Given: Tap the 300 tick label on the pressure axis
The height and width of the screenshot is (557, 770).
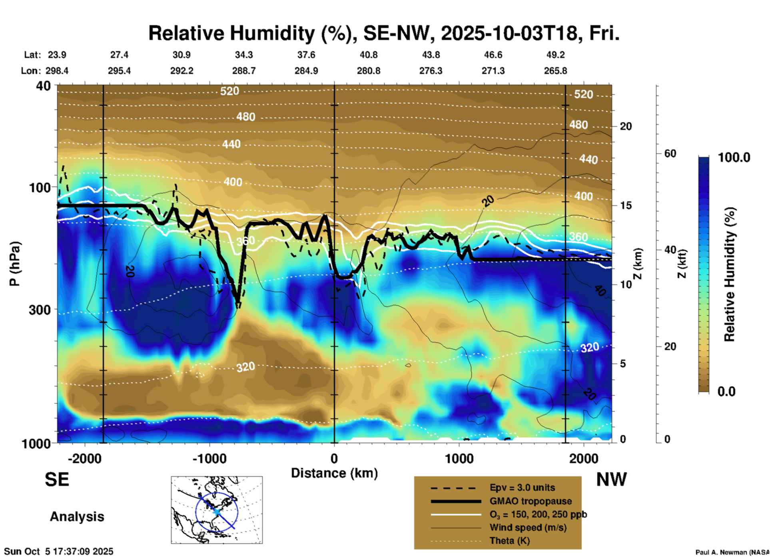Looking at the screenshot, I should click(x=40, y=310).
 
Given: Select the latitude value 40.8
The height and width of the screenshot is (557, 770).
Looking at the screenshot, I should click(x=368, y=55).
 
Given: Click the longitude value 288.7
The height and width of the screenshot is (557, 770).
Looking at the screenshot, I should click(x=243, y=71).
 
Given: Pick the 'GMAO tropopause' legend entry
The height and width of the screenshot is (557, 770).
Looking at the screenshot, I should click(x=531, y=501).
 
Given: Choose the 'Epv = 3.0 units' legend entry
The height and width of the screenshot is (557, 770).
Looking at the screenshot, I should click(x=522, y=488).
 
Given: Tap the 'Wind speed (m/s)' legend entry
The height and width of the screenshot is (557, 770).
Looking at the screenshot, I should click(x=528, y=528).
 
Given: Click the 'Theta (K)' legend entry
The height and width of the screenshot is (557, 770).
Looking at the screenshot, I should click(x=509, y=541).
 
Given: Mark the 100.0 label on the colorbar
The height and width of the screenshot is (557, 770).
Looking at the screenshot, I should click(x=734, y=157).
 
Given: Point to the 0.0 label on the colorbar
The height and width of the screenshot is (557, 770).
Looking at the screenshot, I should click(x=726, y=392).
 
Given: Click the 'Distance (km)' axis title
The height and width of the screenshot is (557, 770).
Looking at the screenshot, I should click(x=334, y=473).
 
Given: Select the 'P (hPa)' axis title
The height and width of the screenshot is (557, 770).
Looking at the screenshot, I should click(x=15, y=264).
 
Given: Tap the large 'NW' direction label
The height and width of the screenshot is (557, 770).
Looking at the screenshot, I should click(x=611, y=479).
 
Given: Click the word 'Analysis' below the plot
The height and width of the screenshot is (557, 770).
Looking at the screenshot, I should click(x=77, y=517).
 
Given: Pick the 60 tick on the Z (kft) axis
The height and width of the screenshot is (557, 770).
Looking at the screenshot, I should click(x=670, y=153).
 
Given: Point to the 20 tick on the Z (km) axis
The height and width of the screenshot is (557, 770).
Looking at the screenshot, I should click(x=626, y=127).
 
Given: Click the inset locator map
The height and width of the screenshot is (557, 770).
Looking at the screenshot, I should click(x=217, y=509).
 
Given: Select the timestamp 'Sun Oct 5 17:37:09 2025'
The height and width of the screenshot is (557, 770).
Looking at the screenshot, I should click(x=59, y=551).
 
